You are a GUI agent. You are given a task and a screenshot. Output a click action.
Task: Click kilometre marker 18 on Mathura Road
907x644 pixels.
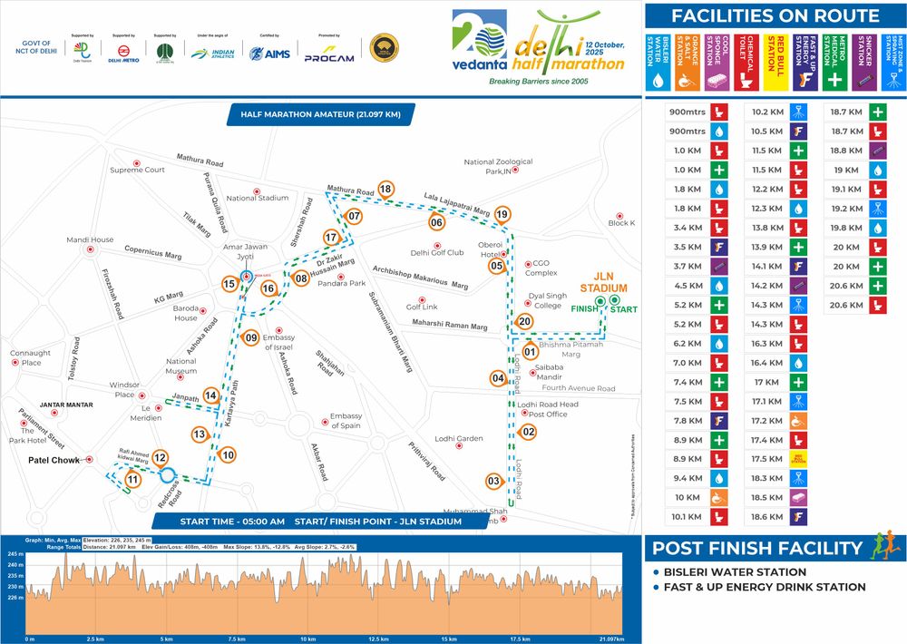(x=385, y=189)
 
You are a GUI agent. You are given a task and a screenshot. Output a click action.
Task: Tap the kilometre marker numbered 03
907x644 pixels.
(x=494, y=481)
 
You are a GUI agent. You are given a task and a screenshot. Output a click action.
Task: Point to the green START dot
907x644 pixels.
(x=614, y=300)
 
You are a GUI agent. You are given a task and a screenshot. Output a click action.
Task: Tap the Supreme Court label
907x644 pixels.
(x=137, y=170)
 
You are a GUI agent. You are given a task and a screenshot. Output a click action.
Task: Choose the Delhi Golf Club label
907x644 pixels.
(x=437, y=252)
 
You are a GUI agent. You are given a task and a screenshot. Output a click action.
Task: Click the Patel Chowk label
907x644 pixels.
(x=54, y=460)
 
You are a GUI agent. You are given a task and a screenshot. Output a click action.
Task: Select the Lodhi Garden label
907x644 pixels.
(x=459, y=439)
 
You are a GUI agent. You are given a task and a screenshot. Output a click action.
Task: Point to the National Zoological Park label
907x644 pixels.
(x=498, y=167)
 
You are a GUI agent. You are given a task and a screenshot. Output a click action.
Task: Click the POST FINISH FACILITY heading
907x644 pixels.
(x=757, y=548)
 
